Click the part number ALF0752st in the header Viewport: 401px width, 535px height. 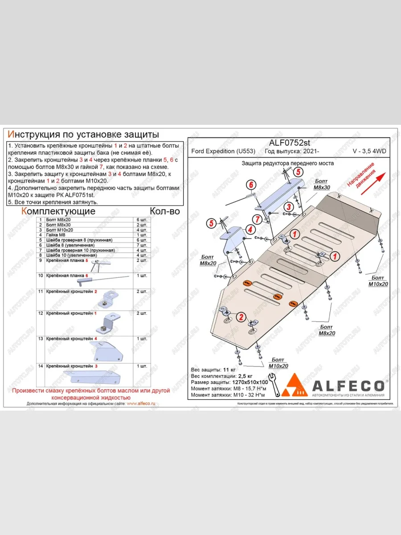click(x=290, y=143)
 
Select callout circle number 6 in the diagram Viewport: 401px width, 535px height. click(x=251, y=185)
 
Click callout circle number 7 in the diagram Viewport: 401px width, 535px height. click(x=257, y=218)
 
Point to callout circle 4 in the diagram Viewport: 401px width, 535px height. click(x=250, y=230)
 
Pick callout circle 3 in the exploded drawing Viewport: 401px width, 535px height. click(x=289, y=206)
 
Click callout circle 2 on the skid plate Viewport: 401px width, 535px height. click(x=241, y=317)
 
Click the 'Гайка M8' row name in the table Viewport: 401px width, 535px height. click(x=55, y=235)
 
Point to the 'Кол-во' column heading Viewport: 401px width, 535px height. click(x=165, y=211)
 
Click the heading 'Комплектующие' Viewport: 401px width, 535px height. click(x=58, y=211)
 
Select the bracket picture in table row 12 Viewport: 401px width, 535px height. click(x=108, y=324)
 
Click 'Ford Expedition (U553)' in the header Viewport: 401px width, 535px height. click(x=223, y=151)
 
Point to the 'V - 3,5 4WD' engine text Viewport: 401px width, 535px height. click(x=369, y=151)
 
